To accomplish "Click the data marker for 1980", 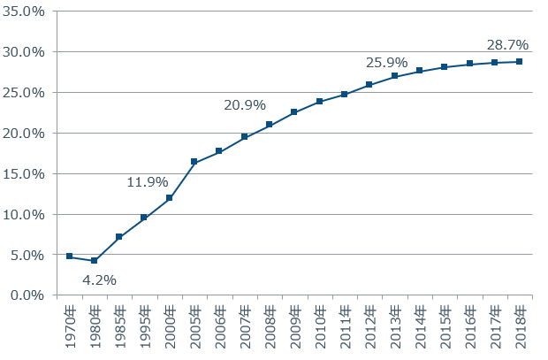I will tap(94, 261).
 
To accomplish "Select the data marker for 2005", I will tap(194, 162).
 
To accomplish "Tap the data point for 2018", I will tap(520, 61).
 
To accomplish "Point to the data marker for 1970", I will tap(69, 257).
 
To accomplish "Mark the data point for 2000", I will tap(169, 198).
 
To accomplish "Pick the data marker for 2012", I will tap(369, 85).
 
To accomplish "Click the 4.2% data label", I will tap(99, 280).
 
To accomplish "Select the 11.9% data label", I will tap(147, 182).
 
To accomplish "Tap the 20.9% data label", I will tap(245, 105).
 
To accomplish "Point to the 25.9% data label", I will tap(386, 63).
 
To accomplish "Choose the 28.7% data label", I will tap(507, 44).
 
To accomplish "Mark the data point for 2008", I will tap(270, 125).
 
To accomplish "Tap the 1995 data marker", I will tap(144, 218).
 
